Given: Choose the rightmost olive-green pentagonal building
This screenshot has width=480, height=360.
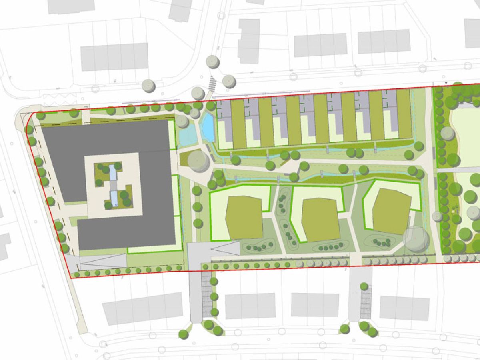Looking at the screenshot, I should [x=391, y=211].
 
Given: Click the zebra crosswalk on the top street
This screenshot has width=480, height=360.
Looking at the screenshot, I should [x=212, y=84].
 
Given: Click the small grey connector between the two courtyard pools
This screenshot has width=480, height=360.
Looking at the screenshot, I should [x=113, y=186].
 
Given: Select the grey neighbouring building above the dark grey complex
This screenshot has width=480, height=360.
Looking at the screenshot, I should [x=114, y=57].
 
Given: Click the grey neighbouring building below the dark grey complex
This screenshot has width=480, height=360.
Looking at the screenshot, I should [x=142, y=308].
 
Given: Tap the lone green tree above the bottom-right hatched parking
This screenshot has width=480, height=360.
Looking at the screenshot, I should [x=364, y=286].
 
